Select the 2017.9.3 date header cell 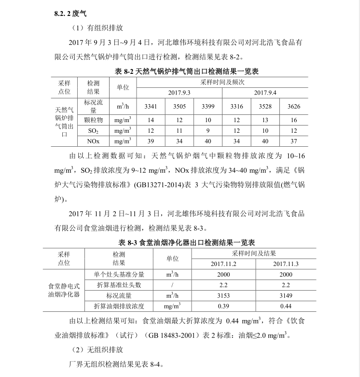click(x=180, y=92)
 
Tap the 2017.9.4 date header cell click(x=265, y=92)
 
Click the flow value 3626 click(x=294, y=106)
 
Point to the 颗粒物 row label click(x=93, y=119)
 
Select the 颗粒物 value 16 click(x=294, y=120)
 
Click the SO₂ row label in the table click(x=93, y=131)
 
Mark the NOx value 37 click(x=294, y=141)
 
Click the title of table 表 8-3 click(x=186, y=242)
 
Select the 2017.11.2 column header click(x=223, y=264)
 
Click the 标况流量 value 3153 click(x=223, y=295)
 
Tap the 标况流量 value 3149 click(x=286, y=295)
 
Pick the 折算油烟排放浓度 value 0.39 click(x=223, y=306)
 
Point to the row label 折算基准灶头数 click(x=119, y=285)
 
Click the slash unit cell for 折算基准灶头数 click(x=172, y=285)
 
